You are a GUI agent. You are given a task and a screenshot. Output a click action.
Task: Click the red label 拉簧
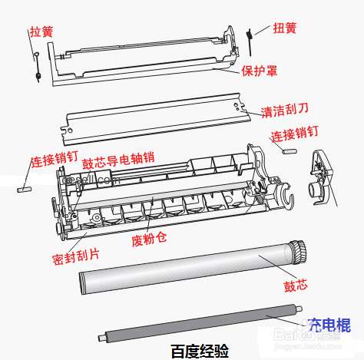(41, 31)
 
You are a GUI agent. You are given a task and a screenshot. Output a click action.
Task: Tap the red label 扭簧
(285, 28)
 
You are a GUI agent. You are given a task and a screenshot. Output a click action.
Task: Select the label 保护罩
(260, 71)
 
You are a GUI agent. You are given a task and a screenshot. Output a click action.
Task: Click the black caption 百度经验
(200, 351)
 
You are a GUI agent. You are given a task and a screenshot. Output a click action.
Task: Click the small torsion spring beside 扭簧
(250, 35)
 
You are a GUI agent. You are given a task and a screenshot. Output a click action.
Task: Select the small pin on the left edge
(22, 185)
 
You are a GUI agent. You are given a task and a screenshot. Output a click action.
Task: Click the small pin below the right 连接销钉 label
(290, 151)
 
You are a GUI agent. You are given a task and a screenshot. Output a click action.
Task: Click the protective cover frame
(138, 61)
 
